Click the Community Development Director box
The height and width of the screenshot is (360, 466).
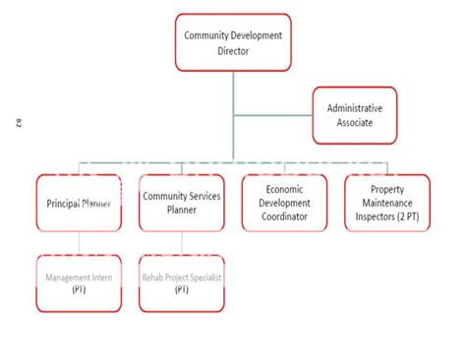tap(233, 42)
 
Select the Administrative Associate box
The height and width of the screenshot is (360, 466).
tap(355, 116)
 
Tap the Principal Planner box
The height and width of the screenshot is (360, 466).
tap(78, 203)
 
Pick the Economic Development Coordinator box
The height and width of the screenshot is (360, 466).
tap(283, 203)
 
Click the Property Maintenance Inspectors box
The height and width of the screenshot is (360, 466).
tap(386, 203)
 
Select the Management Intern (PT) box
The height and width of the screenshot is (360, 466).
tap(78, 283)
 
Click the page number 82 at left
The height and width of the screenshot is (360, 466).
tap(19, 122)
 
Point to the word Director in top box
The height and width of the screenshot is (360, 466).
tap(233, 49)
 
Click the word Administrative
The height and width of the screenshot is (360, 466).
tap(355, 107)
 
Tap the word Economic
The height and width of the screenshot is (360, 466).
tap(283, 188)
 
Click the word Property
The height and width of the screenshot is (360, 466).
tap(386, 188)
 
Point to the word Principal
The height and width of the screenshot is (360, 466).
tap(67, 204)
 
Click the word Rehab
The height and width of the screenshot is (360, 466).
tap(156, 278)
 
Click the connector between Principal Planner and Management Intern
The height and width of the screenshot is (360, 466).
tap(78, 243)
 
